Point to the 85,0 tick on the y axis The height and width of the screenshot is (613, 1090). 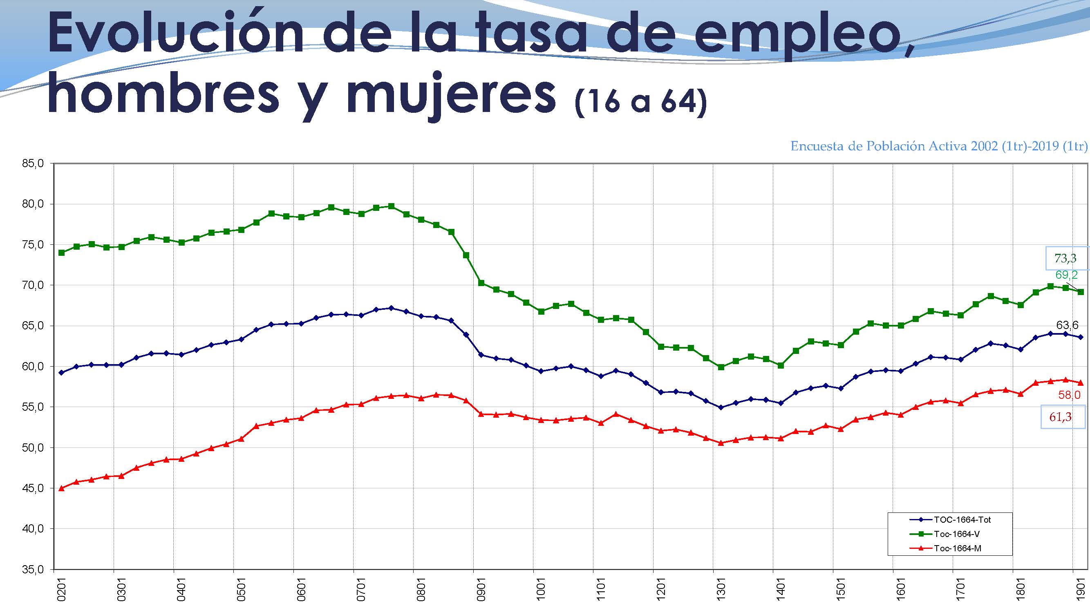[x=33, y=164]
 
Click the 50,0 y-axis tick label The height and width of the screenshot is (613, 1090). [x=33, y=448]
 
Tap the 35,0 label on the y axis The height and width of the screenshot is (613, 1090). [x=33, y=570]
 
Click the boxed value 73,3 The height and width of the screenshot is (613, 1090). [x=1065, y=257]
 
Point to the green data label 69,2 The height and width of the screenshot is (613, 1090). [x=1066, y=275]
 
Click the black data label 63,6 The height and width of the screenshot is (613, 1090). [x=1067, y=325]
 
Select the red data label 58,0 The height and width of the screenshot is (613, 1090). [x=1069, y=395]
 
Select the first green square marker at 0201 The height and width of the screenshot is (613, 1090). [x=62, y=253]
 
